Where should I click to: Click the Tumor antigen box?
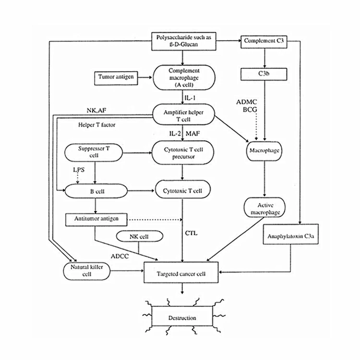116,78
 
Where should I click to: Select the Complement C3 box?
264,42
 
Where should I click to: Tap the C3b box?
264,74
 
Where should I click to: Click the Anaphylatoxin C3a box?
291,234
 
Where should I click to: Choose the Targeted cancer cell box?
181,273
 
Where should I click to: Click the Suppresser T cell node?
94,153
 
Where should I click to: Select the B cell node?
96,191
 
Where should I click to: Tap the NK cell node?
140,236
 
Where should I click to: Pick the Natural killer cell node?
87,271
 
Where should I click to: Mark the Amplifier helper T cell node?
184,115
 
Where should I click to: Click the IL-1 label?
190,98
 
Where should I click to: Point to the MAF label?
192,133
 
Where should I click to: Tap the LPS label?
79,169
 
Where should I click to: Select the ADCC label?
120,256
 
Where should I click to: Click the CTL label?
191,233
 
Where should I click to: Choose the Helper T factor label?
96,125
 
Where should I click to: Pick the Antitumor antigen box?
96,220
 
